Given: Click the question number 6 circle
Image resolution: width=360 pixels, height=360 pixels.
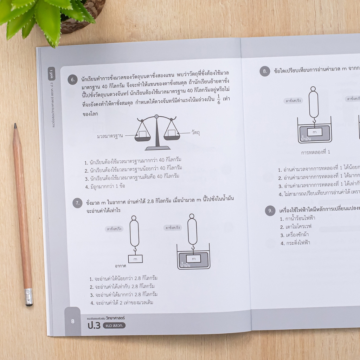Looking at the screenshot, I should pos(72,80).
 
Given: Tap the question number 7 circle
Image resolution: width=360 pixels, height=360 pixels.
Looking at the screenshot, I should pos(77,203).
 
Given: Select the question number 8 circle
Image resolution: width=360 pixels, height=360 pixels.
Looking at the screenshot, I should pos(265,71).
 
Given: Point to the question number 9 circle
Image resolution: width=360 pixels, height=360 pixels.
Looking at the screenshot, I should pos(270,211).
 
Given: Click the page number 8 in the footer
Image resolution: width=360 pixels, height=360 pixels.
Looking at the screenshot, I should pos(73,321).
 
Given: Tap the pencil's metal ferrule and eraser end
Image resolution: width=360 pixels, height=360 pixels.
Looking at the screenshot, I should pos(28,297).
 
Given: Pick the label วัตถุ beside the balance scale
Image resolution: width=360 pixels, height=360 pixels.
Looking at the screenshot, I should pos(195,132).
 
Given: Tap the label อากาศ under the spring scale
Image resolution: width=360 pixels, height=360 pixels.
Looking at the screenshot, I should pos(121,266).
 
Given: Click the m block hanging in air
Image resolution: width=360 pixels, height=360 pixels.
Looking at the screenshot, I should pos(135,259).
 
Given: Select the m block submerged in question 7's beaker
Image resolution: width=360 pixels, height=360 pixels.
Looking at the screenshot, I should pos(193,258).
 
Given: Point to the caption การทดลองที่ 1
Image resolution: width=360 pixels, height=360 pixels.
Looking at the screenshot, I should pos(315,152).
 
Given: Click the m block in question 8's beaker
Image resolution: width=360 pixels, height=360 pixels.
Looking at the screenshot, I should pos(314,131).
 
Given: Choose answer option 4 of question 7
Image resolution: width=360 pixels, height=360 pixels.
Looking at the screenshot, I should pos(122,302).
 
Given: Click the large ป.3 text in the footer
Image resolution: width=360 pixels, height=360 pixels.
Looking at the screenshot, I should pos(94,326).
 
